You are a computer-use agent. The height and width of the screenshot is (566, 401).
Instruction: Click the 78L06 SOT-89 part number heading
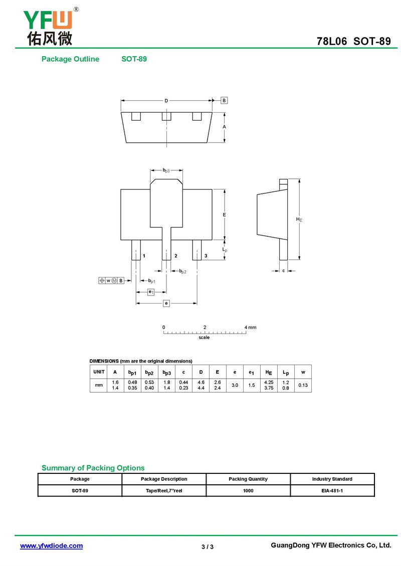click(353, 42)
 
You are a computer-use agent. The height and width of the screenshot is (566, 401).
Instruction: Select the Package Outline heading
click(70, 59)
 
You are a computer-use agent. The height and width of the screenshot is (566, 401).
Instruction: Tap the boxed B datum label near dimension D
click(224, 100)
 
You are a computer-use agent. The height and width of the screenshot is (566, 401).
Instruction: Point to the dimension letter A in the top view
click(224, 127)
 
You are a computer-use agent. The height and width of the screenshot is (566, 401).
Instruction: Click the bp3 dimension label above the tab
click(166, 171)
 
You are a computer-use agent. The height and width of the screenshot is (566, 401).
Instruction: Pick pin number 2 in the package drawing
click(175, 256)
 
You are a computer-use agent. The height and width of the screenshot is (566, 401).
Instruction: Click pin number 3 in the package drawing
click(206, 256)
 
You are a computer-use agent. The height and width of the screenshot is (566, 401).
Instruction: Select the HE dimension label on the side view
click(299, 219)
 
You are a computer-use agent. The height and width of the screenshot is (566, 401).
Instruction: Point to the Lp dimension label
click(225, 249)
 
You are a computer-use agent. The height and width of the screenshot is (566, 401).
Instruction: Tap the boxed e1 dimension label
click(151, 292)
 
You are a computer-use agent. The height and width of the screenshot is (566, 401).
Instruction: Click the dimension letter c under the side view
click(283, 270)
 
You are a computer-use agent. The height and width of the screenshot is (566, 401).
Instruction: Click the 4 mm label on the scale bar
click(250, 327)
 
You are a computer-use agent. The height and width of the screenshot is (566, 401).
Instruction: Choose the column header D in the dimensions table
click(201, 372)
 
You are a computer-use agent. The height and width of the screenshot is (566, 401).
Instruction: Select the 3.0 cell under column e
click(235, 385)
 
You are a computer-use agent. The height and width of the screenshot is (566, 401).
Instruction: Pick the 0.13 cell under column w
click(303, 385)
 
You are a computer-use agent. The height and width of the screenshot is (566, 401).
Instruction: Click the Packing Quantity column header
click(248, 479)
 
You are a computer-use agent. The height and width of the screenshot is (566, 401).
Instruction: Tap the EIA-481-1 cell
click(332, 491)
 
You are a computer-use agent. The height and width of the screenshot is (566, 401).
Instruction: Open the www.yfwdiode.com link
click(51, 546)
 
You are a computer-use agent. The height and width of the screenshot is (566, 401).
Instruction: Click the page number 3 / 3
click(208, 546)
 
